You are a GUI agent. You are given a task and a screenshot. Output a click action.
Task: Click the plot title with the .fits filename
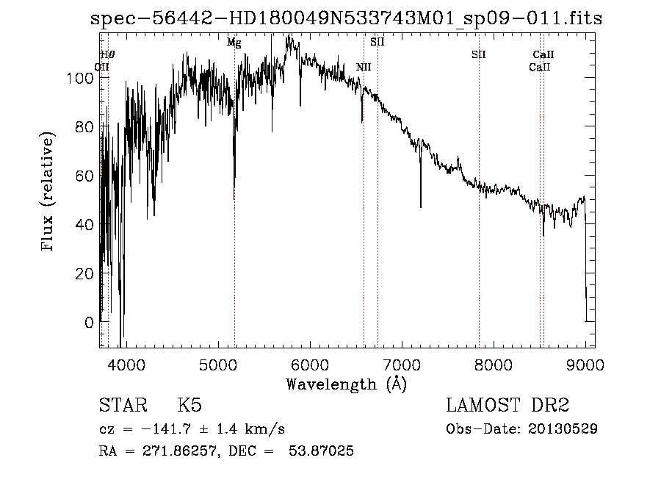coord(346,19)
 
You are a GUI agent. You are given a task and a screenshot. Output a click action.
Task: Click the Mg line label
coord(234,43)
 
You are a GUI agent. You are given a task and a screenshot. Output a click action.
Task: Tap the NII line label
coord(364,67)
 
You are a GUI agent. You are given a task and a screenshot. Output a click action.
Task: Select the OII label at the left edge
coord(102,67)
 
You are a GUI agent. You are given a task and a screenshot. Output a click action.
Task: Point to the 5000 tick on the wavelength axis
coord(217,364)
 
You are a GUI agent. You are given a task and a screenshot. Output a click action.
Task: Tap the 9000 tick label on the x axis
coord(585,364)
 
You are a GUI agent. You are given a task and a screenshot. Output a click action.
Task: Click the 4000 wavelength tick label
coord(126,364)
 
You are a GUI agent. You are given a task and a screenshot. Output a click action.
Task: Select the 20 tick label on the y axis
coord(85,273)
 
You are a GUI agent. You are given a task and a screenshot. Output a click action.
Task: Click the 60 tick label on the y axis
coord(85,176)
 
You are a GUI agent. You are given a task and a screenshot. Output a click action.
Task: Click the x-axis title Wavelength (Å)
coord(346,383)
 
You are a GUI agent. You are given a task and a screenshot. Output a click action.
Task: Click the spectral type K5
coord(190,406)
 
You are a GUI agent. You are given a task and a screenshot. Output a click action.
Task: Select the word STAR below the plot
coord(121,406)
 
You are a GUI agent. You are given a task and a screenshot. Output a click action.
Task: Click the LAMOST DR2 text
coord(508,406)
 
